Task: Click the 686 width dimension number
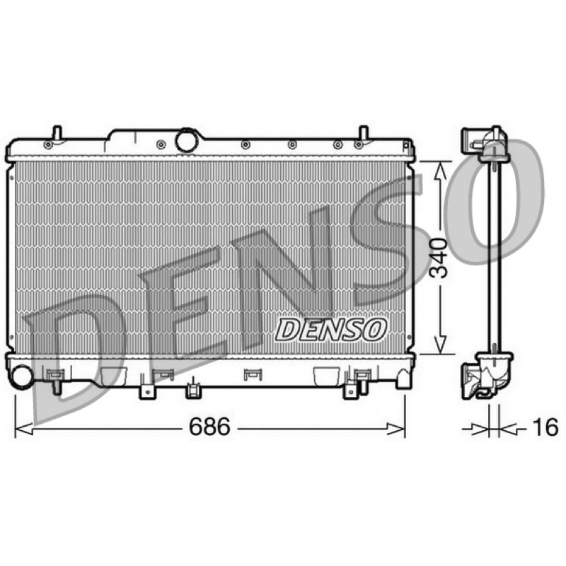click(x=209, y=427)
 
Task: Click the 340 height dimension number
click(x=439, y=258)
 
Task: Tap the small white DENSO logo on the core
click(x=330, y=329)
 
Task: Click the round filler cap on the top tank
click(x=187, y=139)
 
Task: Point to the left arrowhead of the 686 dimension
click(x=24, y=429)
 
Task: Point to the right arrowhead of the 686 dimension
click(x=396, y=429)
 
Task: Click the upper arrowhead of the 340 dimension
click(x=439, y=171)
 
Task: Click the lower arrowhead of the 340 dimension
click(x=439, y=345)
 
